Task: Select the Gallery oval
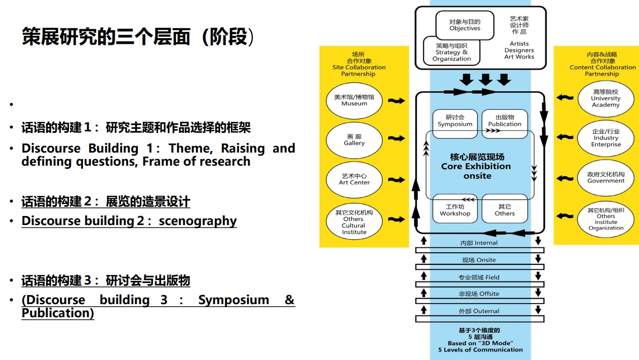[x=354, y=140]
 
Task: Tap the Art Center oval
[x=354, y=179]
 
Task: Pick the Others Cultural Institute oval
[x=354, y=223]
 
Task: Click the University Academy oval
[x=606, y=99]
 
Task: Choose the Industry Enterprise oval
[x=606, y=138]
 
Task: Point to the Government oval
[x=606, y=178]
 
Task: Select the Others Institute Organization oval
[x=606, y=219]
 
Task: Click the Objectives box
[x=464, y=25]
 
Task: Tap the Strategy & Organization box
[x=451, y=52]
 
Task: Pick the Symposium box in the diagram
[x=455, y=121]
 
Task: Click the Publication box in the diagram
[x=505, y=121]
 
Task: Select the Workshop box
[x=455, y=210]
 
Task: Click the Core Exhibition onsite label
[x=476, y=167]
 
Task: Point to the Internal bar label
[x=479, y=243]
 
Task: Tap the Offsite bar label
[x=479, y=294]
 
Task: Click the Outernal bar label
[x=479, y=311]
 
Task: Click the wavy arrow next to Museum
[x=396, y=101]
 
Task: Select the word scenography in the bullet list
[x=198, y=221]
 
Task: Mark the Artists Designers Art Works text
[x=519, y=50]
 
